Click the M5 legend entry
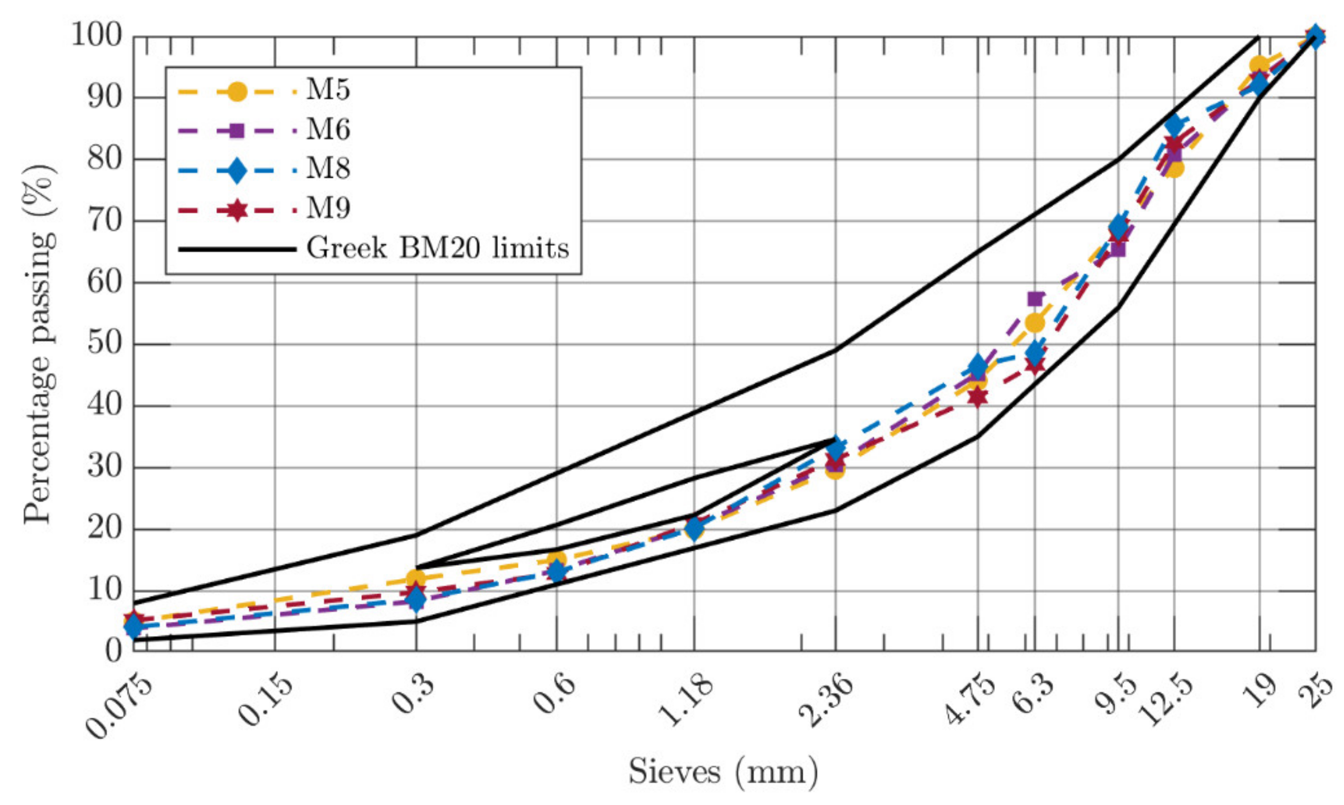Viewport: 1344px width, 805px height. click(x=327, y=91)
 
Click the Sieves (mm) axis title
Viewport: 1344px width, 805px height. click(x=723, y=771)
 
